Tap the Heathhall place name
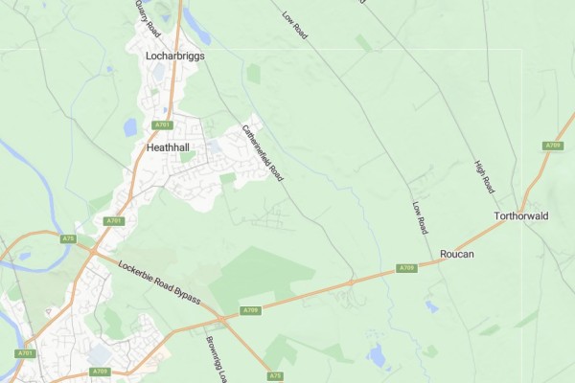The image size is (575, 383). coord(169,148)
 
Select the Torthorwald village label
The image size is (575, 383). coord(519,216)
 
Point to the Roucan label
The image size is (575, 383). coord(457,254)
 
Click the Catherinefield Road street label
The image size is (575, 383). coord(263,153)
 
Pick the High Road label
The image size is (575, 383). coord(484,174)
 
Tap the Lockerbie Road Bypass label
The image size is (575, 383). coord(159,282)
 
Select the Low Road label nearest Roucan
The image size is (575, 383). coord(419,218)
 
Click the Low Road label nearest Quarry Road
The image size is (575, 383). coord(294,25)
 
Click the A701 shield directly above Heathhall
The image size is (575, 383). coord(162,124)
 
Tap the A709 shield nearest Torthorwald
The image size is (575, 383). coord(553,146)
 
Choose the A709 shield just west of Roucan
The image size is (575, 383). coord(406,267)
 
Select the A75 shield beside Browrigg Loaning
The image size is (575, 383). coord(276,375)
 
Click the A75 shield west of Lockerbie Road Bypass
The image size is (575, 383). coord(67,238)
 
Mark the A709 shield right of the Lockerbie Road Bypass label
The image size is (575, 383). coord(249,310)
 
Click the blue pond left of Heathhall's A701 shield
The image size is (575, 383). coord(130,126)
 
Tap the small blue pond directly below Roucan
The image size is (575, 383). coord(433,307)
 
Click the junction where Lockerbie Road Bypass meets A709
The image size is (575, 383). coord(219,318)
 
